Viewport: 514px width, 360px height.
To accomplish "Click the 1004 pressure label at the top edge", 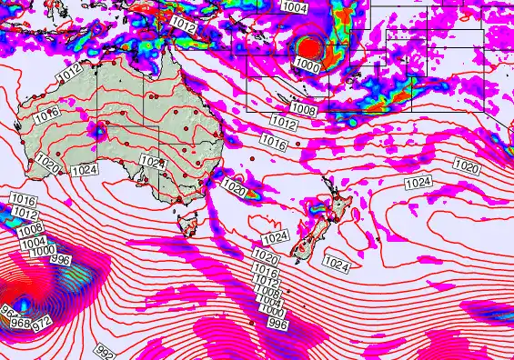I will coord(295,7).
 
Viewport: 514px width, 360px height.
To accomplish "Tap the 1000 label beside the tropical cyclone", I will coord(307,66).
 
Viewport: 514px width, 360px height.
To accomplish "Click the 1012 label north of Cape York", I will coord(182,25).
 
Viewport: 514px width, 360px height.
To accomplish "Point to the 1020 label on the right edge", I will coord(467,166).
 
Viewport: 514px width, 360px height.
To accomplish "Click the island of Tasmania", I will coord(189,222).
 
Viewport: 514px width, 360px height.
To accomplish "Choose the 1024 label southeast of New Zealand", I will coord(336,265).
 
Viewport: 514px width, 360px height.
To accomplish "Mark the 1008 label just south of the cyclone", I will coord(303,110).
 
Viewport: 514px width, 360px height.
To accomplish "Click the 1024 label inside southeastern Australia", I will coord(153,162).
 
